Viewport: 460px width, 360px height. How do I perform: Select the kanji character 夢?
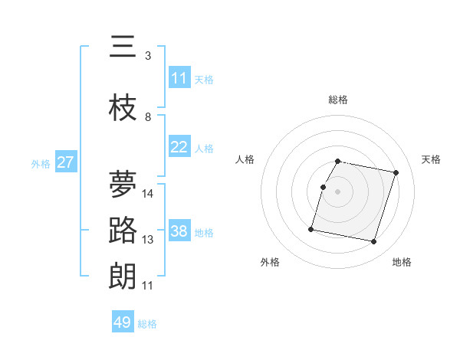point(123,185)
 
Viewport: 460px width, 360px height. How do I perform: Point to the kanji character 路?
point(123,231)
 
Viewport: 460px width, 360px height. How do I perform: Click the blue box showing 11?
point(179,78)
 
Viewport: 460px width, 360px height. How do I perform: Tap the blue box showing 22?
point(179,147)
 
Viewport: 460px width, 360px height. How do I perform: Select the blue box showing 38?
point(179,231)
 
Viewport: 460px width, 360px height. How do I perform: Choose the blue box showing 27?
point(65,162)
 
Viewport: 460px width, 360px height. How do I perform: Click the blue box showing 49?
point(123,322)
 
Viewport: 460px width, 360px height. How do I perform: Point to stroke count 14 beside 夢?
point(149,194)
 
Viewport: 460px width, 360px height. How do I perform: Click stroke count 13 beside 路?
point(149,240)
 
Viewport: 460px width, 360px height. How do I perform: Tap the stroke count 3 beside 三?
point(148,56)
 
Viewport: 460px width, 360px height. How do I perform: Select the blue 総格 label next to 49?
point(148,324)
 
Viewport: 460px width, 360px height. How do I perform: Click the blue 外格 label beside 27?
point(41,163)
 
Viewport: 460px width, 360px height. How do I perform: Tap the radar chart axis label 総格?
point(338,100)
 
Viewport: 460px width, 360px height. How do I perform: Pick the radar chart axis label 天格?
point(432,159)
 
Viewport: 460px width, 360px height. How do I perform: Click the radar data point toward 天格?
point(396,173)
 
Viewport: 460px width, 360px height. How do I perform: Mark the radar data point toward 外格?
point(311,228)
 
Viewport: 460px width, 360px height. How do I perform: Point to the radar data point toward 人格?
point(324,187)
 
